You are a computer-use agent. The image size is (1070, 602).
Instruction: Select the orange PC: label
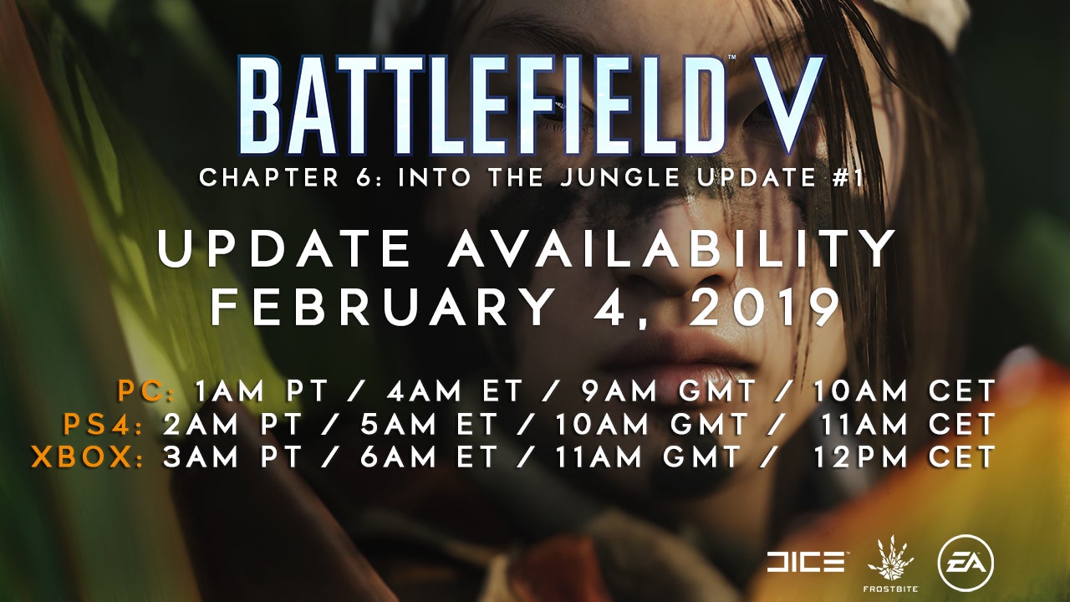(x=146, y=392)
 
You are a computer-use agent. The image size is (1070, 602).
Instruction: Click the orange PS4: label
(x=103, y=425)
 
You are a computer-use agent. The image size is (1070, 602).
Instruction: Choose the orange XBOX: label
(x=88, y=457)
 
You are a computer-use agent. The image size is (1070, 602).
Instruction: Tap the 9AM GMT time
(x=669, y=392)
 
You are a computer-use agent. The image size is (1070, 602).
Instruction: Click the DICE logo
(x=805, y=563)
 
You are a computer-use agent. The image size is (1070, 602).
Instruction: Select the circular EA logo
(x=966, y=564)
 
